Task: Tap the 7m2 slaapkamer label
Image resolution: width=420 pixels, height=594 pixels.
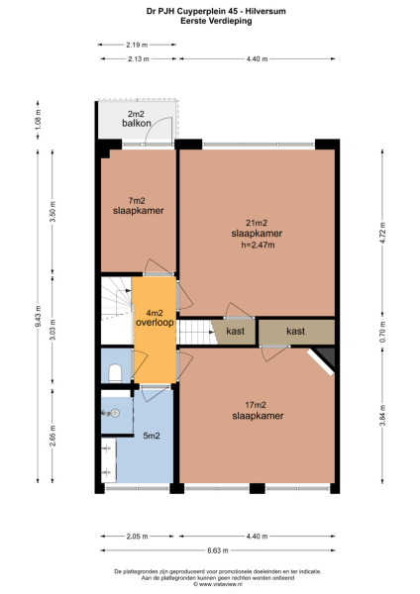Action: click(x=138, y=205)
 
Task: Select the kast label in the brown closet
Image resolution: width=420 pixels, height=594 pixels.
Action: click(x=295, y=331)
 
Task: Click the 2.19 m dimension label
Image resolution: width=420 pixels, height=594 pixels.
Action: click(x=138, y=46)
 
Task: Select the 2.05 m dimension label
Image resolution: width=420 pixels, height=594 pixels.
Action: click(x=137, y=536)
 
